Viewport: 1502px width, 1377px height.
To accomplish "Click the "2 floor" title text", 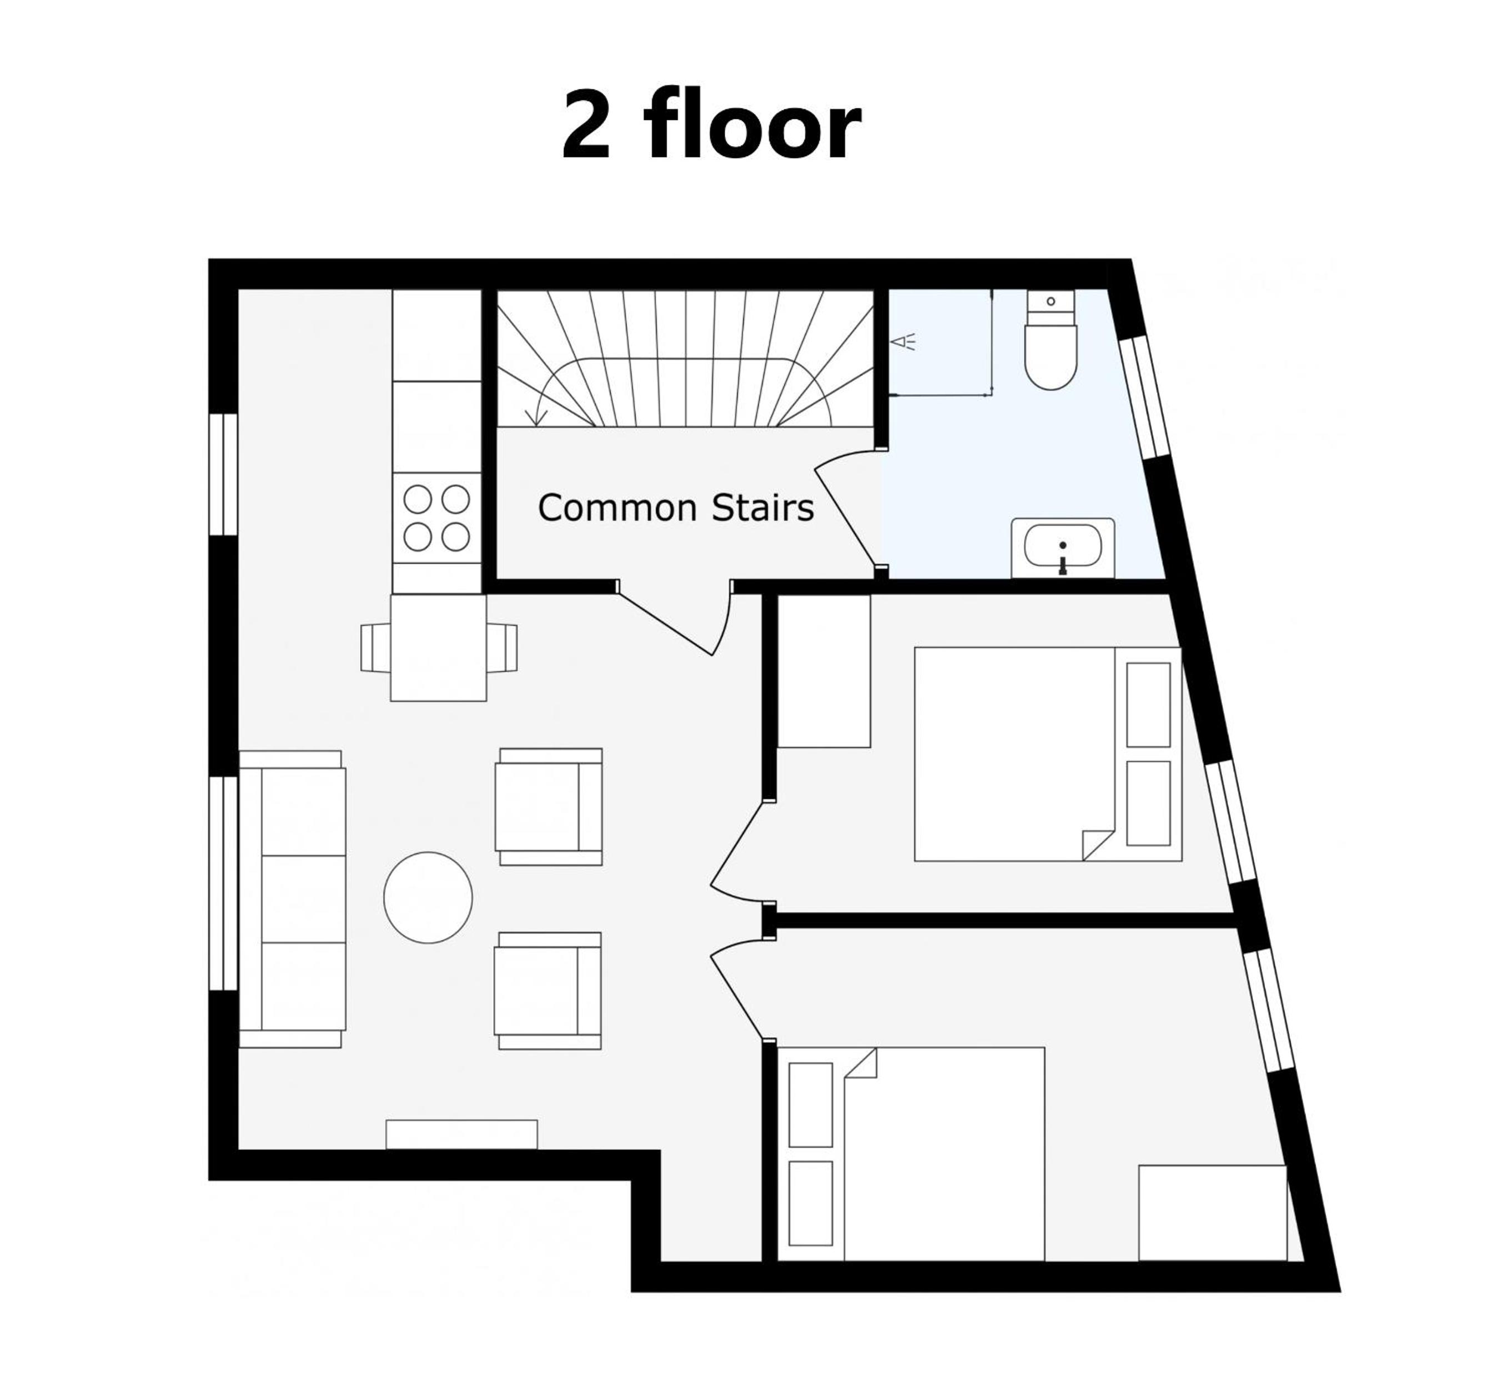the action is (711, 124).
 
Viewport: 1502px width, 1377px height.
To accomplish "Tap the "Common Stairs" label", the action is (676, 508).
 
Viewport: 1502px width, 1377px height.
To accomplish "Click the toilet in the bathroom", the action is (1051, 340).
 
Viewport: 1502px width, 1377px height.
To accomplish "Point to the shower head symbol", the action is (903, 342).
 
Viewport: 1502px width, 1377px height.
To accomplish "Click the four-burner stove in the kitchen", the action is (436, 518).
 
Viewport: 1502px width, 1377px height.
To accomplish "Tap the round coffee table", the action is (428, 898).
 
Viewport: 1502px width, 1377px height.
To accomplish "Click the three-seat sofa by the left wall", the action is (292, 899).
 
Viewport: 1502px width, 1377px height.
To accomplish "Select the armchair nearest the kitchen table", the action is (549, 807).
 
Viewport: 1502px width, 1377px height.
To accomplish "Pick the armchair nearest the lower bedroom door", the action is (547, 991).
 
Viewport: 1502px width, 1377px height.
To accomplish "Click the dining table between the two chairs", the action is (439, 647).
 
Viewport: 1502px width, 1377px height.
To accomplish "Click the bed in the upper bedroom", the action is (1048, 754).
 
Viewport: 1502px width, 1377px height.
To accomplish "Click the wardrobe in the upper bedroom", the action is (824, 671).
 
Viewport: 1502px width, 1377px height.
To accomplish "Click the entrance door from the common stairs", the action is (674, 618).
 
